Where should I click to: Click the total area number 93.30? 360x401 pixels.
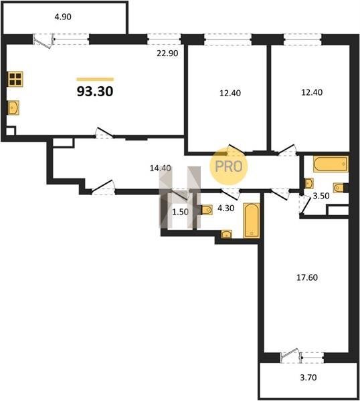coord(95,92)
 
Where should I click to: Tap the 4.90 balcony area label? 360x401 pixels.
coord(63,17)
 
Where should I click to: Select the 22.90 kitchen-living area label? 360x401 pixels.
coord(167,53)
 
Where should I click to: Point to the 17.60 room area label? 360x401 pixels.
coord(307,277)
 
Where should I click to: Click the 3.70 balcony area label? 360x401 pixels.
coord(308,378)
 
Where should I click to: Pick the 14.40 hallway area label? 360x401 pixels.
coord(161,168)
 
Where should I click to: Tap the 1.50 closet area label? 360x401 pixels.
coord(180,212)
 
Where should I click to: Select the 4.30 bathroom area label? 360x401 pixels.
coord(226,208)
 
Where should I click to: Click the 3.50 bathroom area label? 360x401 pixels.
coord(321,196)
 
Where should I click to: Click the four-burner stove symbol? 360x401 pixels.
coord(15,79)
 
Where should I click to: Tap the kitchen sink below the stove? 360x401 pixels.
coord(13,108)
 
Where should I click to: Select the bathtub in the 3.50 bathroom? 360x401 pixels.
coord(331,164)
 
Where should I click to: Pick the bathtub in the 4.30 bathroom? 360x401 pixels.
coord(252,221)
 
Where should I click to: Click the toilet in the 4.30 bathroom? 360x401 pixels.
coord(206,211)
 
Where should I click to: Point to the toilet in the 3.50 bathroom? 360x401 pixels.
coord(339,188)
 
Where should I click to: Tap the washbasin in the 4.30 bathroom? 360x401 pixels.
coord(227,235)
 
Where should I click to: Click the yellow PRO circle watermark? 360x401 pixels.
coord(229,166)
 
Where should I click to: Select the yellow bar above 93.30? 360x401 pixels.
coord(95,80)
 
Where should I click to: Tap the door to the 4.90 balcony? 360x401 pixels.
coord(43,41)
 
